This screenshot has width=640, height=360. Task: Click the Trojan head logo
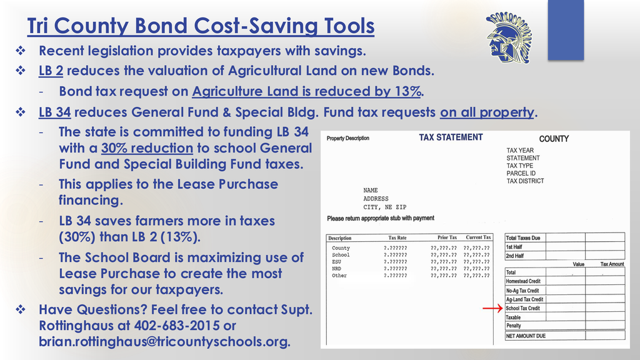click(507, 38)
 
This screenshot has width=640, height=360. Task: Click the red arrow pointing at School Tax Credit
click(492, 308)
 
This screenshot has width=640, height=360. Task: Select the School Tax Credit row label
click(522, 308)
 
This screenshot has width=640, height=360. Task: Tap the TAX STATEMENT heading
click(451, 137)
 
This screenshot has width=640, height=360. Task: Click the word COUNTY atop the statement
click(554, 138)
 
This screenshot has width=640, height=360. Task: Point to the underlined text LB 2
click(51, 71)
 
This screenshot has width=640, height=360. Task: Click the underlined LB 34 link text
click(54, 112)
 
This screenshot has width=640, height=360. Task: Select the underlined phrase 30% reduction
click(147, 148)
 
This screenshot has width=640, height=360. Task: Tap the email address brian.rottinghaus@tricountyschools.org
click(164, 342)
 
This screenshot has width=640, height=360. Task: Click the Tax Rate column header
click(397, 237)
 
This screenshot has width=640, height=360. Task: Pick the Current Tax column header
click(478, 237)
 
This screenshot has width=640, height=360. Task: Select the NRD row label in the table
click(337, 269)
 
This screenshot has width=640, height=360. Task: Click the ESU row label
click(337, 262)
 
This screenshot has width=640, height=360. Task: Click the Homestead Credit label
click(523, 281)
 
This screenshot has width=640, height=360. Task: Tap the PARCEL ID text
click(521, 173)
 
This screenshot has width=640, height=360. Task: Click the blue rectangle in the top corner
click(565, 30)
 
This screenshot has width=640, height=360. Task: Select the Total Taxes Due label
click(522, 238)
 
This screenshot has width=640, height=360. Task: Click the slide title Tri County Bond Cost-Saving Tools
click(201, 26)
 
